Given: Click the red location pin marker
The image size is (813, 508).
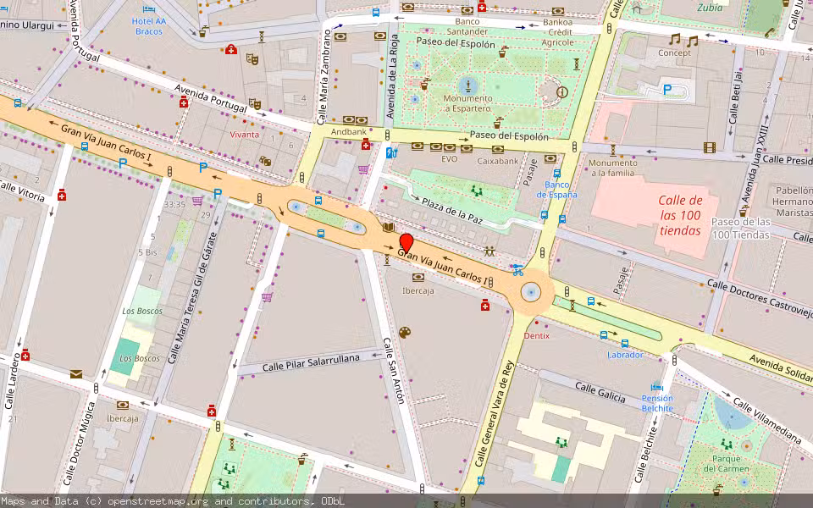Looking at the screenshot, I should coord(406,243).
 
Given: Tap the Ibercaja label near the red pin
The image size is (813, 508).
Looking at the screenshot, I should coord(418,290).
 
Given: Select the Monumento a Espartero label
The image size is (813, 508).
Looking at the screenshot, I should coord(467,102).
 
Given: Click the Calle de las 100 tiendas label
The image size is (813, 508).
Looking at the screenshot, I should coord(681,215).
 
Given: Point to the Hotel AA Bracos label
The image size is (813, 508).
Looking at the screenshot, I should coord(149,25).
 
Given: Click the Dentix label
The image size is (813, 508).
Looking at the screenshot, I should coord(536,335).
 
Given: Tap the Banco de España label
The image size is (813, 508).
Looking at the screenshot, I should coord(560,189).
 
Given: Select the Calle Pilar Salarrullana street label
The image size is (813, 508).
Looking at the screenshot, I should coord(311,362).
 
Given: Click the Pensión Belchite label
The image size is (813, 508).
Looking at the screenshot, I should coord(657,403).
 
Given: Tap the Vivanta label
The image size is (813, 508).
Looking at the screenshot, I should coord(245,135).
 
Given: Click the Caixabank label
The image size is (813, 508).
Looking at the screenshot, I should coord(497,160).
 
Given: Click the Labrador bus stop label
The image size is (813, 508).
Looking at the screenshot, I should coord(625,355).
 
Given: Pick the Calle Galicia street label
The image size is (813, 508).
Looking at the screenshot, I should coord(600,392).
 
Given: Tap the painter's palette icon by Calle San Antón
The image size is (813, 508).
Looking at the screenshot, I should coord(405,332).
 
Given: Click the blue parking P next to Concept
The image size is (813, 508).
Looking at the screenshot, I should coord(667,89).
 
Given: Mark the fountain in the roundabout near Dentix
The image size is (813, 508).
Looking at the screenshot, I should coord(531,292).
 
